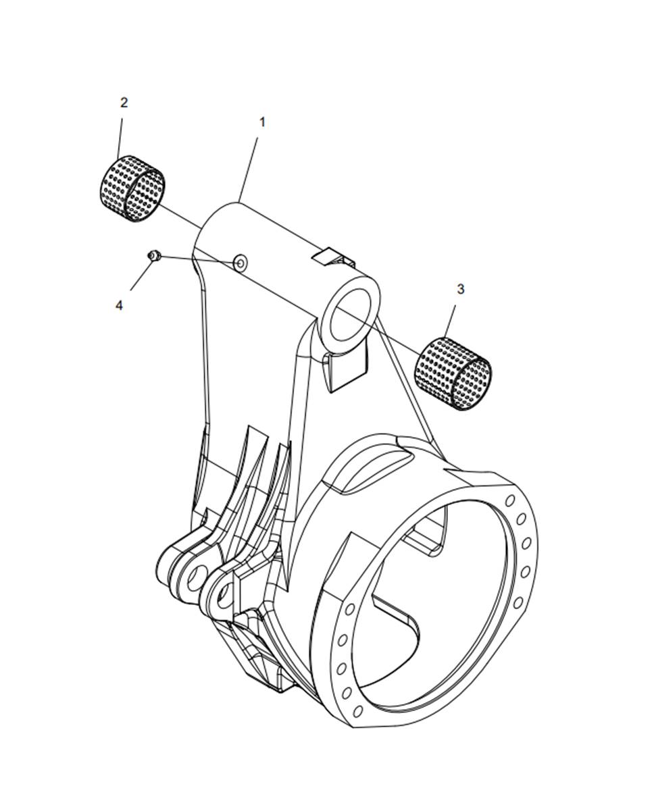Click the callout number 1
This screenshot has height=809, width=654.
[261, 122]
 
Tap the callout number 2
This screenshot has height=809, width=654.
[124, 102]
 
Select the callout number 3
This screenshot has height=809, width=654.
[460, 289]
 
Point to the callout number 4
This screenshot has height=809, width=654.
[119, 305]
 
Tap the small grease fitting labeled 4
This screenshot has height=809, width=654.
[154, 255]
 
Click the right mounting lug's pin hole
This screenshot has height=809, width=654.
[223, 594]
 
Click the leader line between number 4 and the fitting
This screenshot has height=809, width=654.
[142, 276]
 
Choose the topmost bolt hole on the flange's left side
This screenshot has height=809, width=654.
[350, 610]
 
